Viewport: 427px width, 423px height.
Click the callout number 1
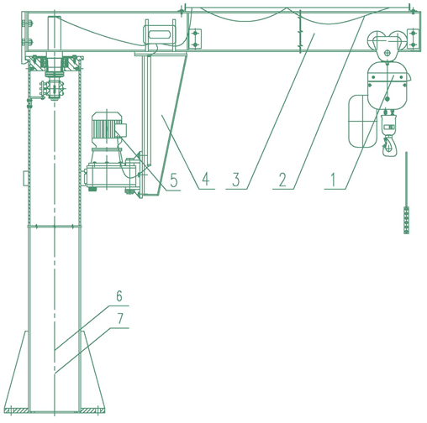point(333,180)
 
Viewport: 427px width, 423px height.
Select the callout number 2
point(282,180)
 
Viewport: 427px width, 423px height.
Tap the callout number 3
point(236,180)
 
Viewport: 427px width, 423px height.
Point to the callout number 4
point(206,180)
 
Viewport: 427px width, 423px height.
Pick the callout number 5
point(174,180)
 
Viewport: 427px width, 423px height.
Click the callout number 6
point(119,296)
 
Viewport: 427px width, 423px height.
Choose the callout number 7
point(120,318)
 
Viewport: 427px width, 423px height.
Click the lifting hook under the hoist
point(389,145)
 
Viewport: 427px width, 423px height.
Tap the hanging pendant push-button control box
point(406,220)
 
